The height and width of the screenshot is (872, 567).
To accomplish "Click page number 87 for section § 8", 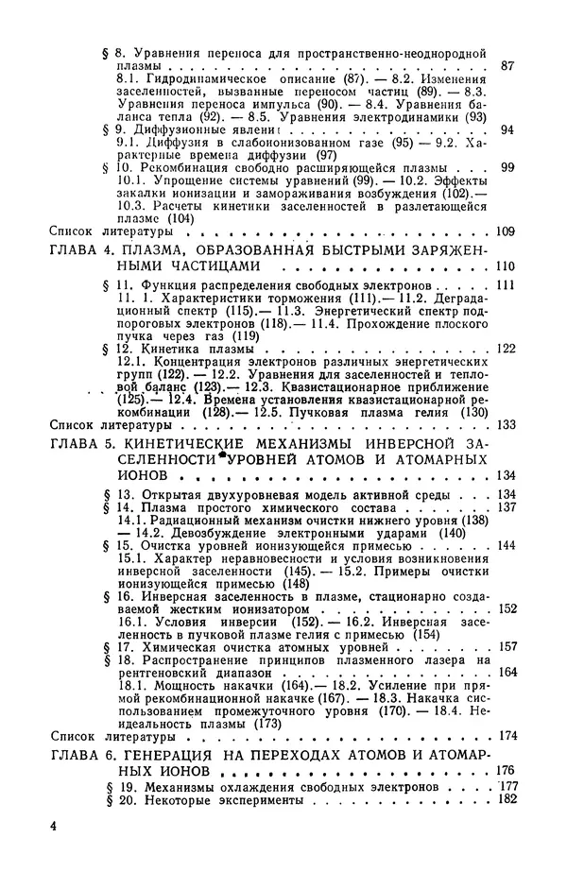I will (x=507, y=65).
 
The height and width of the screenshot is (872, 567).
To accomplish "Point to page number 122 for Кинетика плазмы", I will (x=507, y=349).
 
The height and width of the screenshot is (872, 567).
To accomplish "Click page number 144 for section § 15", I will (x=507, y=546).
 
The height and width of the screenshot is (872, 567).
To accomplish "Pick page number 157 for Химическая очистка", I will (x=507, y=646).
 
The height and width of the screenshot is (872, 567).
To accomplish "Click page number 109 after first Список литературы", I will (x=507, y=230).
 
